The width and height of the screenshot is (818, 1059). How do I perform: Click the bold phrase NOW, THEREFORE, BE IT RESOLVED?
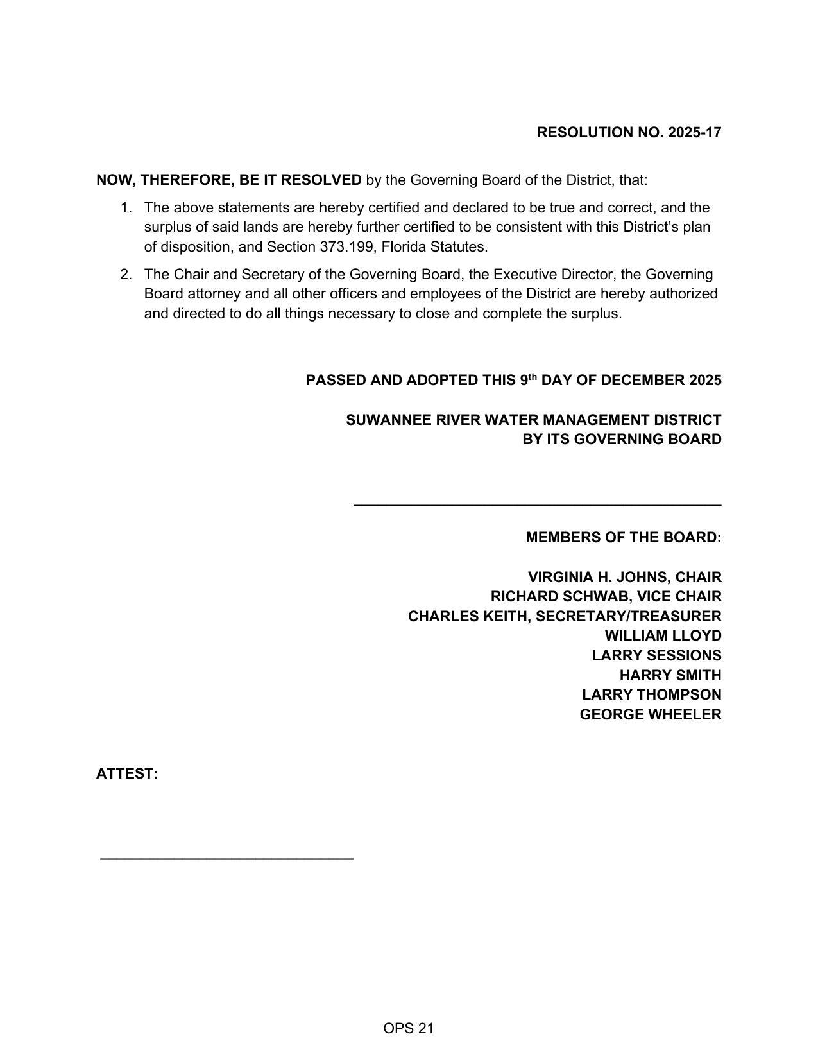click(x=229, y=180)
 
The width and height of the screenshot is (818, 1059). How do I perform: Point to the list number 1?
click(x=126, y=208)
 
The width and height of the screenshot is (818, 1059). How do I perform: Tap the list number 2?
click(x=126, y=275)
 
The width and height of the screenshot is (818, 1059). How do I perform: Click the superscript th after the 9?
click(x=532, y=377)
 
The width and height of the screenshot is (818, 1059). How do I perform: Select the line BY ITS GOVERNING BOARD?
click(x=622, y=440)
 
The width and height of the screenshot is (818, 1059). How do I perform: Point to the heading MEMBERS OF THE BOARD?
click(x=623, y=538)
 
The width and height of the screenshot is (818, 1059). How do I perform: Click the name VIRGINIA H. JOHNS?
click(x=597, y=578)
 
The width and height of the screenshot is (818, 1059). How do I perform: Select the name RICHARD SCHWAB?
click(x=559, y=597)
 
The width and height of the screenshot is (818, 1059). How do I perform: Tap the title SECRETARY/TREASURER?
click(x=628, y=617)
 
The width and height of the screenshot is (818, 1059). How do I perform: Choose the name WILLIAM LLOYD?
click(x=663, y=636)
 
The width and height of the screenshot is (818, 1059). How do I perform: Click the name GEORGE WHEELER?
click(x=650, y=715)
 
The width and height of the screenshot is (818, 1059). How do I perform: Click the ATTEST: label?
click(x=127, y=774)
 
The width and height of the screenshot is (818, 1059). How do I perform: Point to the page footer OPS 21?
click(x=409, y=1029)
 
